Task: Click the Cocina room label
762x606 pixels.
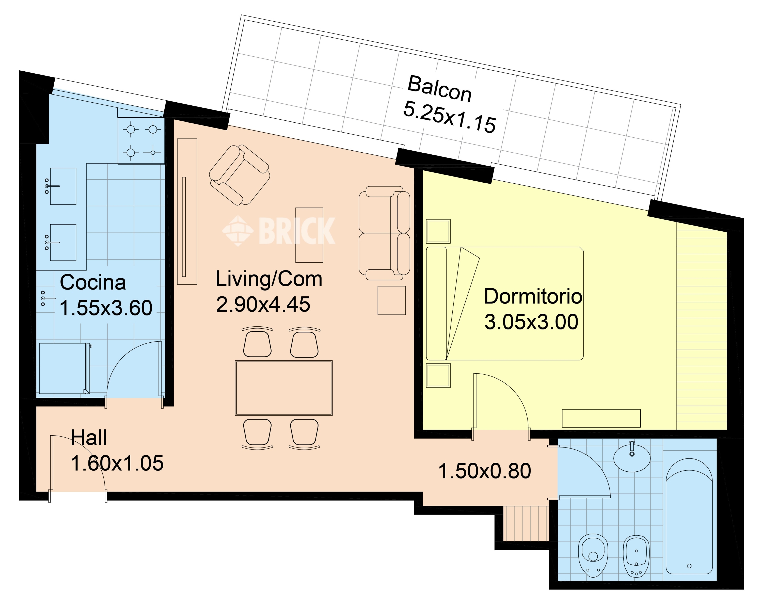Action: click(93, 282)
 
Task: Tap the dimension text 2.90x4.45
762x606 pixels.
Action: click(263, 304)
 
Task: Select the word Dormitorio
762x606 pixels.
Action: click(533, 296)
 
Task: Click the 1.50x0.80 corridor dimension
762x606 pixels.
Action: click(485, 471)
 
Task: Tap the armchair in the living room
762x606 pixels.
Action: click(239, 175)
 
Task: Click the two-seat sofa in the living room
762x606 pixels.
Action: click(385, 233)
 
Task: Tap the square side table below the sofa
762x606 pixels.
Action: click(392, 300)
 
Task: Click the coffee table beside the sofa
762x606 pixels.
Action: click(309, 235)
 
